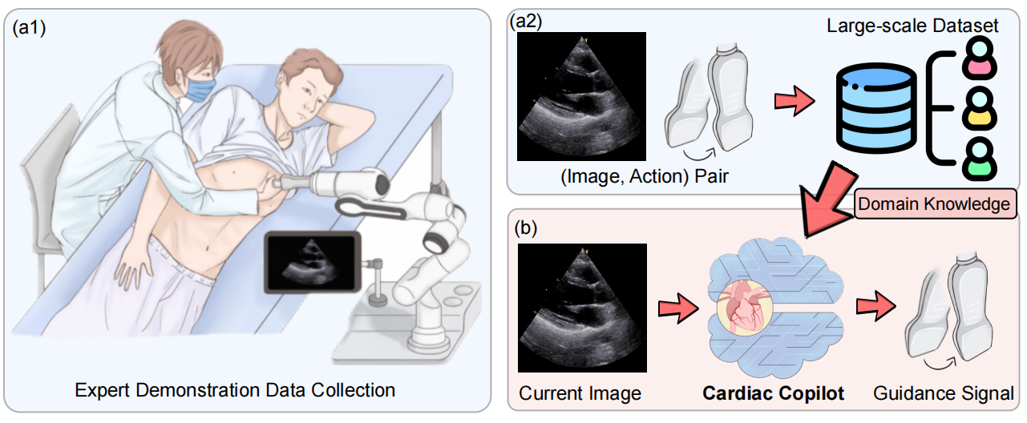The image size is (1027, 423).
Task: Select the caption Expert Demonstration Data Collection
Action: [x=235, y=391]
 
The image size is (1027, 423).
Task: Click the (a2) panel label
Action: [x=528, y=22]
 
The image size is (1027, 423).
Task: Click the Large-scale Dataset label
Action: [x=912, y=26]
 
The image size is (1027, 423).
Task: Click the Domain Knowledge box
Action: [x=933, y=204]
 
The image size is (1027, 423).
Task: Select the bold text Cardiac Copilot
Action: [x=774, y=393]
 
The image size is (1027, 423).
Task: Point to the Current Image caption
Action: [x=580, y=393]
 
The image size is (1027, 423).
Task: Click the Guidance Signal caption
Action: [x=943, y=393]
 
